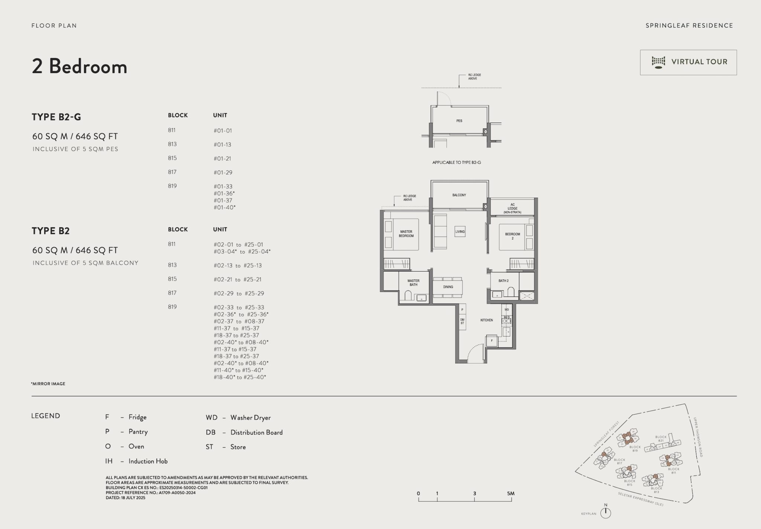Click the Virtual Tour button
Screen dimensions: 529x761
(688, 62)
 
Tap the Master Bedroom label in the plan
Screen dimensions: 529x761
(406, 234)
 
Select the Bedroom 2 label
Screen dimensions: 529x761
(512, 236)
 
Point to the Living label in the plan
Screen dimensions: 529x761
(460, 231)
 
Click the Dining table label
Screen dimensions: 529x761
(448, 287)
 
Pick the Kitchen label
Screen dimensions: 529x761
(486, 320)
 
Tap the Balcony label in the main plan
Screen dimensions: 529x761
(459, 195)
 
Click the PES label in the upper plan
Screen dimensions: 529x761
(459, 121)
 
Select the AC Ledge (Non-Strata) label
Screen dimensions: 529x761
(512, 208)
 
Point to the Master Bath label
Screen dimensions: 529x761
(413, 283)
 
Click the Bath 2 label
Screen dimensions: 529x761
(503, 280)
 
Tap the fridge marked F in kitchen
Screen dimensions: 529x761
(492, 340)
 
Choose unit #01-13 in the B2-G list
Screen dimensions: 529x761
(222, 145)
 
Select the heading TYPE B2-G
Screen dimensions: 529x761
(56, 117)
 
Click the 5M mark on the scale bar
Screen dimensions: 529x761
(511, 494)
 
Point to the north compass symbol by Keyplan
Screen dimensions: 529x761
(606, 512)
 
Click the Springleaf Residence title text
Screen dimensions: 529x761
(689, 26)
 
